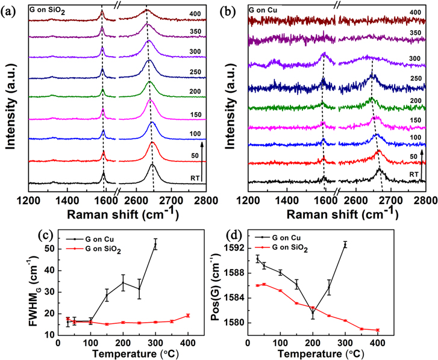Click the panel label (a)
pyautogui.click(x=8, y=10)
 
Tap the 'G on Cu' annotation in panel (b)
pyautogui.click(x=266, y=10)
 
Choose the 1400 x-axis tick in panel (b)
pyautogui.click(x=287, y=197)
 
